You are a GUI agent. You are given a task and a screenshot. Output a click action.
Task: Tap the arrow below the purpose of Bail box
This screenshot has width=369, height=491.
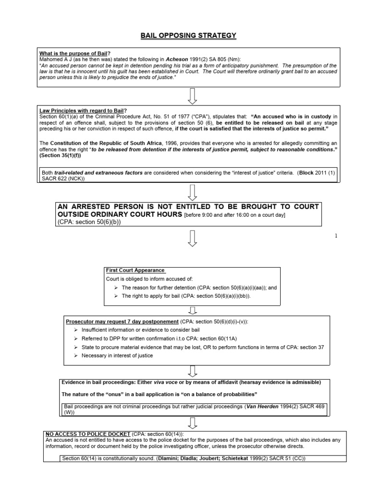point(193,95)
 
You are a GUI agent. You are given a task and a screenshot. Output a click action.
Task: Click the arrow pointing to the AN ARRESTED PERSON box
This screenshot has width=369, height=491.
point(193,193)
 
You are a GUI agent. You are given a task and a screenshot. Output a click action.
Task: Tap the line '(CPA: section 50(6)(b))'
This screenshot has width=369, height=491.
point(89,222)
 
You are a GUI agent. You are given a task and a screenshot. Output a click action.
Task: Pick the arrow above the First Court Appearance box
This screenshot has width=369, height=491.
point(193,238)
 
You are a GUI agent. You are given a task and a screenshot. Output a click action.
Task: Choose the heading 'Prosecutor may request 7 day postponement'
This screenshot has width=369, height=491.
point(122,320)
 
